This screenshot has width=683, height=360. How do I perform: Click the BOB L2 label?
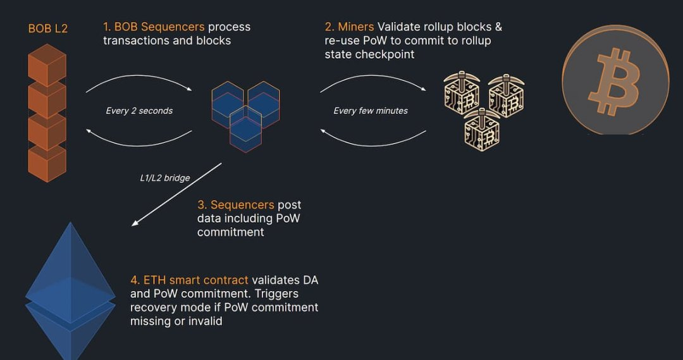[x=47, y=29]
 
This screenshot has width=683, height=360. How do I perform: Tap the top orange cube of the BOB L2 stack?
[x=47, y=65]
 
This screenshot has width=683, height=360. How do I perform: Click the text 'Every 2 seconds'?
[x=139, y=111]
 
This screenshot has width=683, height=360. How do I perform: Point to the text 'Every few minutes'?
[x=371, y=111]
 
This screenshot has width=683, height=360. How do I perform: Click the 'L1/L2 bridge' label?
[x=165, y=178]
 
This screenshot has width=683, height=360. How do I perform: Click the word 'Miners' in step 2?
[x=356, y=27]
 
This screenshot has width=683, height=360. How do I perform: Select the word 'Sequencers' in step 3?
[x=242, y=205]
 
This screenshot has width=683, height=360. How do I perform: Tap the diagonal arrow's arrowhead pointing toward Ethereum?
[x=135, y=222]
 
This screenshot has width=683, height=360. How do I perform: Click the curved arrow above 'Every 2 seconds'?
[x=139, y=82]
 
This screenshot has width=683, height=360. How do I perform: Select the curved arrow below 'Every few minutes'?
[x=373, y=139]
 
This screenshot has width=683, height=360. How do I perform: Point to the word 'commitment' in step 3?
[x=230, y=232]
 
